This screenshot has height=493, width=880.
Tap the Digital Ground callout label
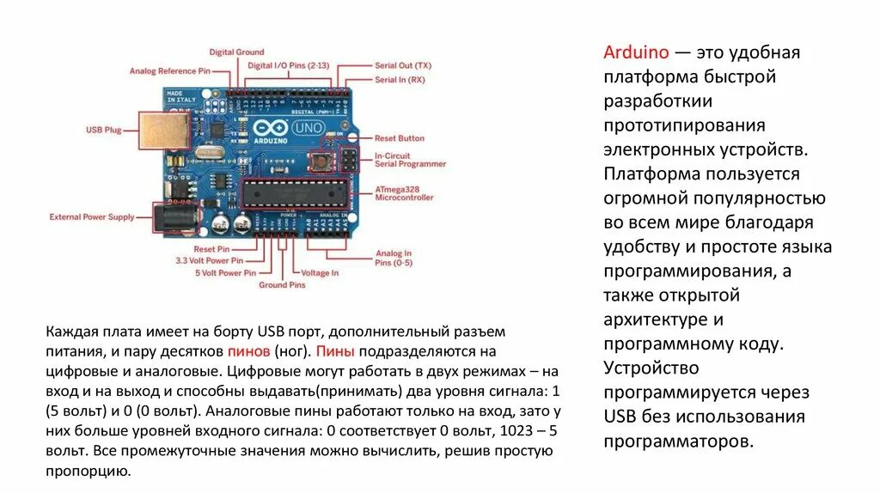(x=236, y=52)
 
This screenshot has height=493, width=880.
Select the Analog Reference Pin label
(x=170, y=71)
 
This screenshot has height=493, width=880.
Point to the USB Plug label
(x=103, y=131)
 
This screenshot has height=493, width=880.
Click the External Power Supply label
(x=92, y=217)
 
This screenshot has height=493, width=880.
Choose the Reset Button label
(x=400, y=138)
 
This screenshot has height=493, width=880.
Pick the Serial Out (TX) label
(x=403, y=65)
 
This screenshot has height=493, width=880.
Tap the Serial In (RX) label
(x=400, y=80)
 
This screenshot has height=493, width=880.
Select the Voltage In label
(x=320, y=273)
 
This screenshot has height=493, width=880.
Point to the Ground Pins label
(x=282, y=285)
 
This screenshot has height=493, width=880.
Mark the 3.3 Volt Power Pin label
(x=209, y=260)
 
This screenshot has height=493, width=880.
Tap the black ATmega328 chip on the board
(x=296, y=194)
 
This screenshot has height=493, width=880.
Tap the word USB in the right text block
(x=620, y=417)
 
